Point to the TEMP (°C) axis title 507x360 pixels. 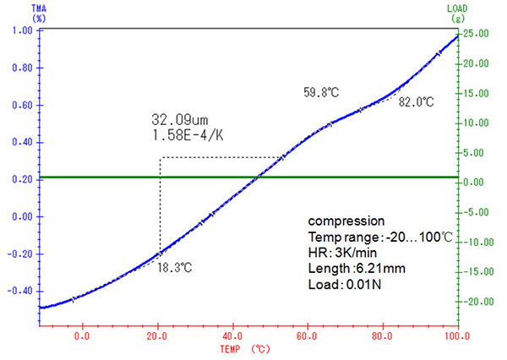[x=245, y=348]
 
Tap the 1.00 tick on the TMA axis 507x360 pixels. [x=22, y=31]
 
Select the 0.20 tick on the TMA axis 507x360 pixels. [x=22, y=180]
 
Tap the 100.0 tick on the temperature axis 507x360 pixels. [x=456, y=335]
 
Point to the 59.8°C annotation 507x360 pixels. [x=321, y=90]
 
